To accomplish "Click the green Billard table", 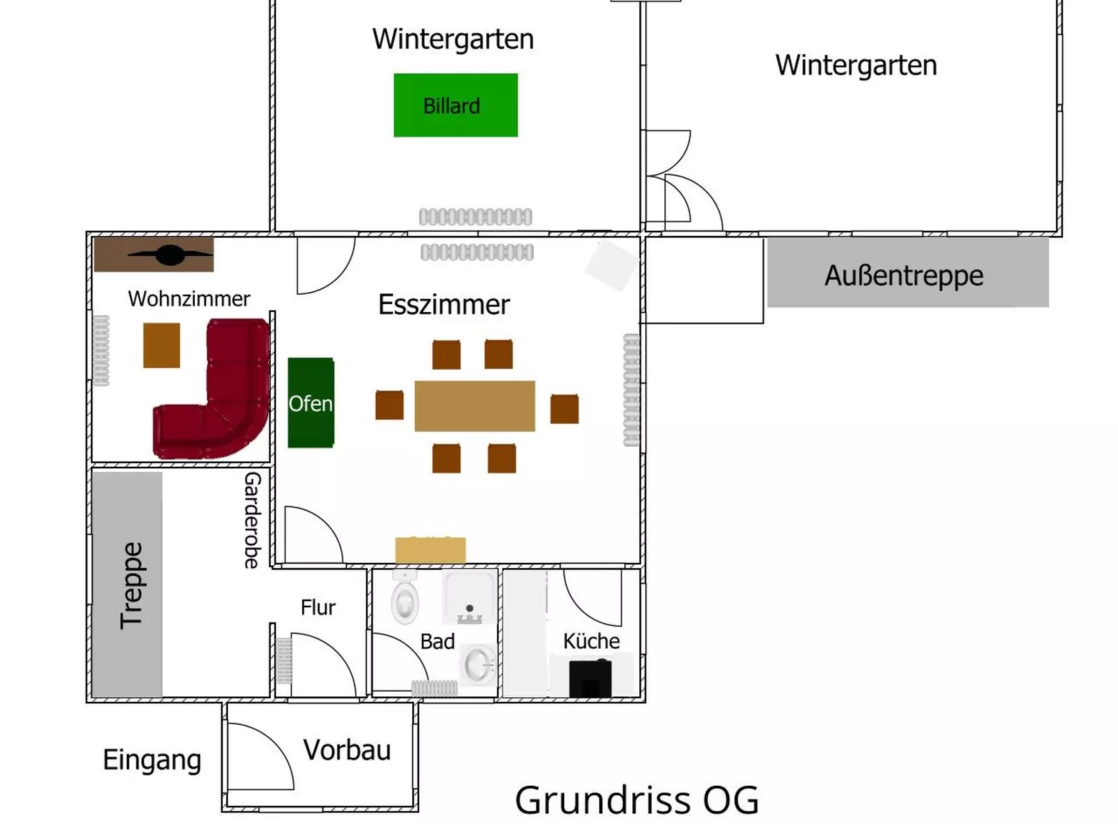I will (455, 105).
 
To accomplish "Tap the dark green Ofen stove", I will (310, 402).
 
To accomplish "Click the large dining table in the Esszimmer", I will (475, 406).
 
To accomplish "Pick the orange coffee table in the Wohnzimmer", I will (162, 345).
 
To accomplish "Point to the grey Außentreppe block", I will (907, 273).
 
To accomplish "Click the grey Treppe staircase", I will (127, 584).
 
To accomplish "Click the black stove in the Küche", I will (590, 678).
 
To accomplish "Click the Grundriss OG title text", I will (636, 800).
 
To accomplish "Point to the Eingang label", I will (152, 760).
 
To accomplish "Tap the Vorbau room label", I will (347, 750).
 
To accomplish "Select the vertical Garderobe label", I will (252, 520).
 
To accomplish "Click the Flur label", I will (318, 607).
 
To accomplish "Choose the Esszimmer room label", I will (444, 305).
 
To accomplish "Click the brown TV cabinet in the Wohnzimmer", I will (154, 255).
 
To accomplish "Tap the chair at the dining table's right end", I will (564, 409).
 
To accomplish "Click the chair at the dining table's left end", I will (389, 405).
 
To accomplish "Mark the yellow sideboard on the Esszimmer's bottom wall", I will (430, 550).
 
